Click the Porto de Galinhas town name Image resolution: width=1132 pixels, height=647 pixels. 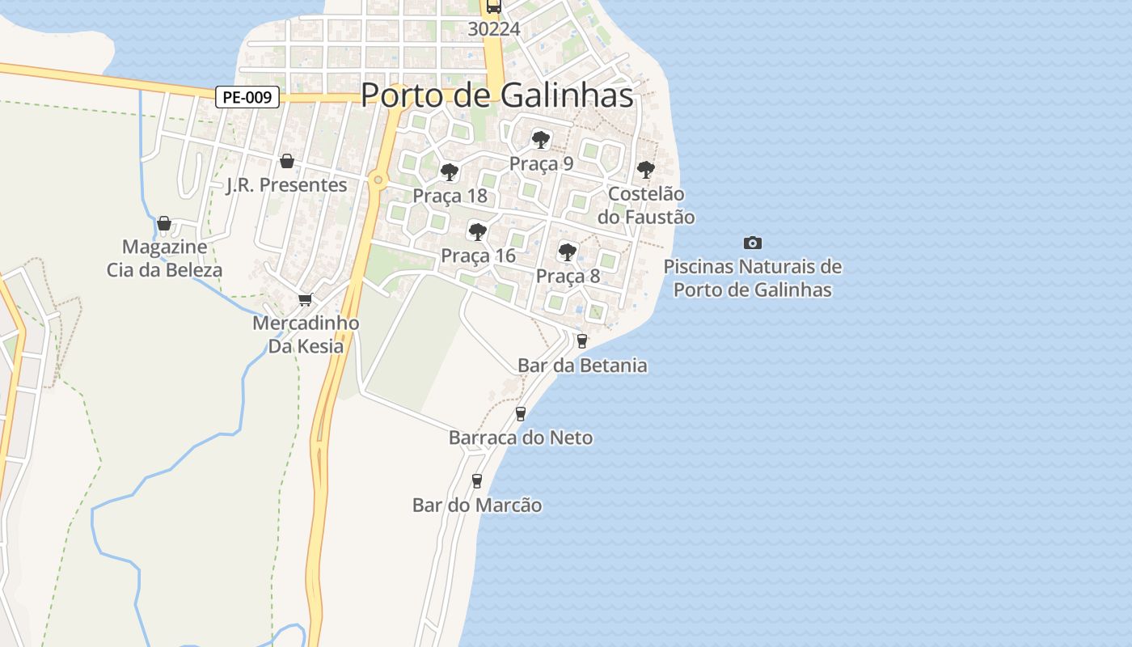[496, 95]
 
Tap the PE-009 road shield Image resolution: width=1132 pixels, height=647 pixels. [247, 98]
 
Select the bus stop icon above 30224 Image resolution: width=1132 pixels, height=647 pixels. [493, 6]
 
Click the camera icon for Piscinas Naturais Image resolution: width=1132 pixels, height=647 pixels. [753, 243]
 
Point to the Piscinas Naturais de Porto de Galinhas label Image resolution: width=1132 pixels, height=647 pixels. [753, 278]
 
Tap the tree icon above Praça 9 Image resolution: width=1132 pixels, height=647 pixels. [541, 140]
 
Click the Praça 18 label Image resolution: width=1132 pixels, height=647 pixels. [450, 196]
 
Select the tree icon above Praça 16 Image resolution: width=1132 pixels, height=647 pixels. [478, 232]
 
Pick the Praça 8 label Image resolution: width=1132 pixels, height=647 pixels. [568, 276]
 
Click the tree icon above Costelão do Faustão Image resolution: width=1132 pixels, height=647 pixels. [645, 170]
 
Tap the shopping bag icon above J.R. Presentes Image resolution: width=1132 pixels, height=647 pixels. [286, 161]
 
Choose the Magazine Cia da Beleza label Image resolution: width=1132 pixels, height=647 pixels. [164, 258]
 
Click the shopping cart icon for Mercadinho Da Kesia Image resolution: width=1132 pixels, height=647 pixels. [306, 300]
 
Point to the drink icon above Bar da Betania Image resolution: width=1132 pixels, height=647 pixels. [581, 341]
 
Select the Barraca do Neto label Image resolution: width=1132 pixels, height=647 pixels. [521, 438]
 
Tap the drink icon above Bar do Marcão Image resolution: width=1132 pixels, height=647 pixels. [477, 481]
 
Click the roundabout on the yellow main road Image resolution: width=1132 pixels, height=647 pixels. [378, 180]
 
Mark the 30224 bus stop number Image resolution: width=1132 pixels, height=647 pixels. [493, 29]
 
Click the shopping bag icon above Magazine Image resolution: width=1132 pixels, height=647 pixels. [164, 223]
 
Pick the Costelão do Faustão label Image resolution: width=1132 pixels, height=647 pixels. [645, 205]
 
